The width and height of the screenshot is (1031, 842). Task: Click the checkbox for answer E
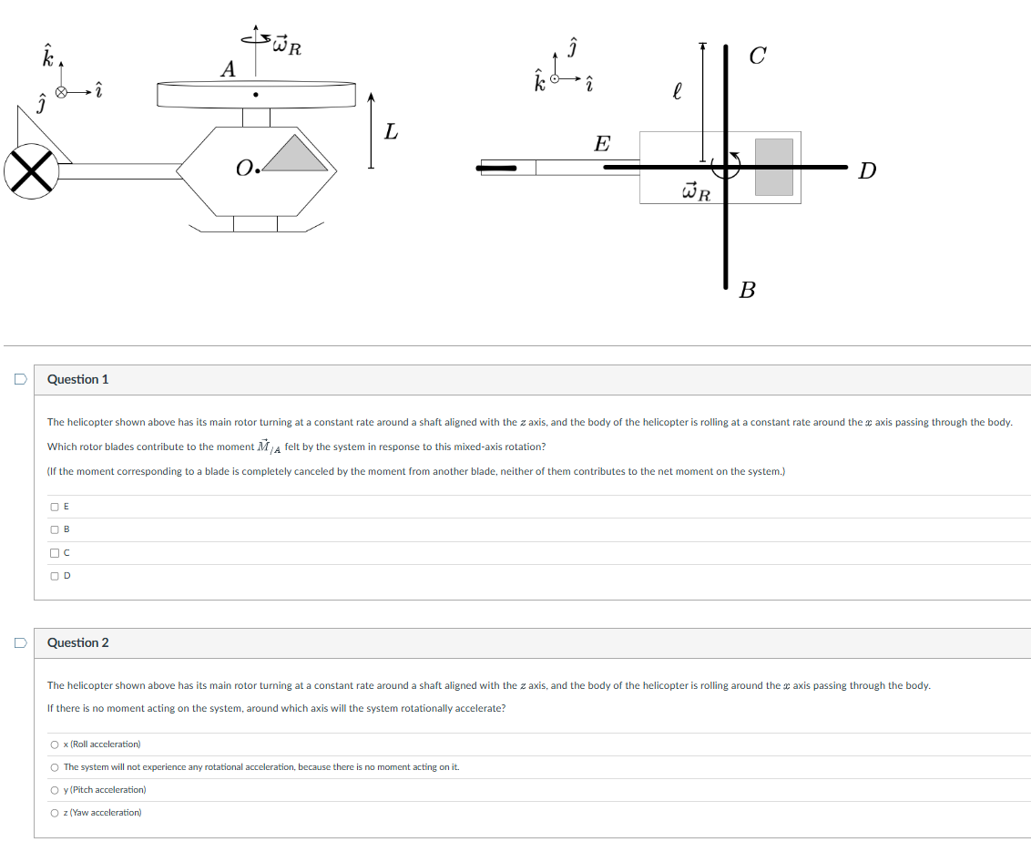(x=56, y=507)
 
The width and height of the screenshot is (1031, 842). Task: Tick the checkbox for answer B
(x=56, y=529)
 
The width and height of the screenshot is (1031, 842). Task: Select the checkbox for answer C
(x=56, y=552)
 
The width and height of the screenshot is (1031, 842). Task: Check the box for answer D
(x=56, y=575)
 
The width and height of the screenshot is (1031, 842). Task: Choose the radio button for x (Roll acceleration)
(x=56, y=744)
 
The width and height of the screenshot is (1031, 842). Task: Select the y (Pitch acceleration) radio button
(x=56, y=790)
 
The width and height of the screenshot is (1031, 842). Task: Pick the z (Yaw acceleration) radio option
(x=56, y=813)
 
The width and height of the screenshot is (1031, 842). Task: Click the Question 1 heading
(x=77, y=379)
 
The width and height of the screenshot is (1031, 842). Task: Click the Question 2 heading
(x=77, y=642)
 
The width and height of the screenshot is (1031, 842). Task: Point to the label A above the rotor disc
(x=228, y=69)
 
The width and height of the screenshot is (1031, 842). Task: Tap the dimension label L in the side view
(x=391, y=132)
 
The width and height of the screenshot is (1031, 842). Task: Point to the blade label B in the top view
(x=748, y=291)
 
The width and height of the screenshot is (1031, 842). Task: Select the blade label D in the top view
(x=867, y=170)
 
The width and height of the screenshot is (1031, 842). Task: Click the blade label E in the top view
(x=602, y=144)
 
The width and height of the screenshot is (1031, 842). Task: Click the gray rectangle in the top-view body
(x=773, y=167)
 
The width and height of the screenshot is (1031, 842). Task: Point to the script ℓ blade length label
(x=676, y=92)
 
